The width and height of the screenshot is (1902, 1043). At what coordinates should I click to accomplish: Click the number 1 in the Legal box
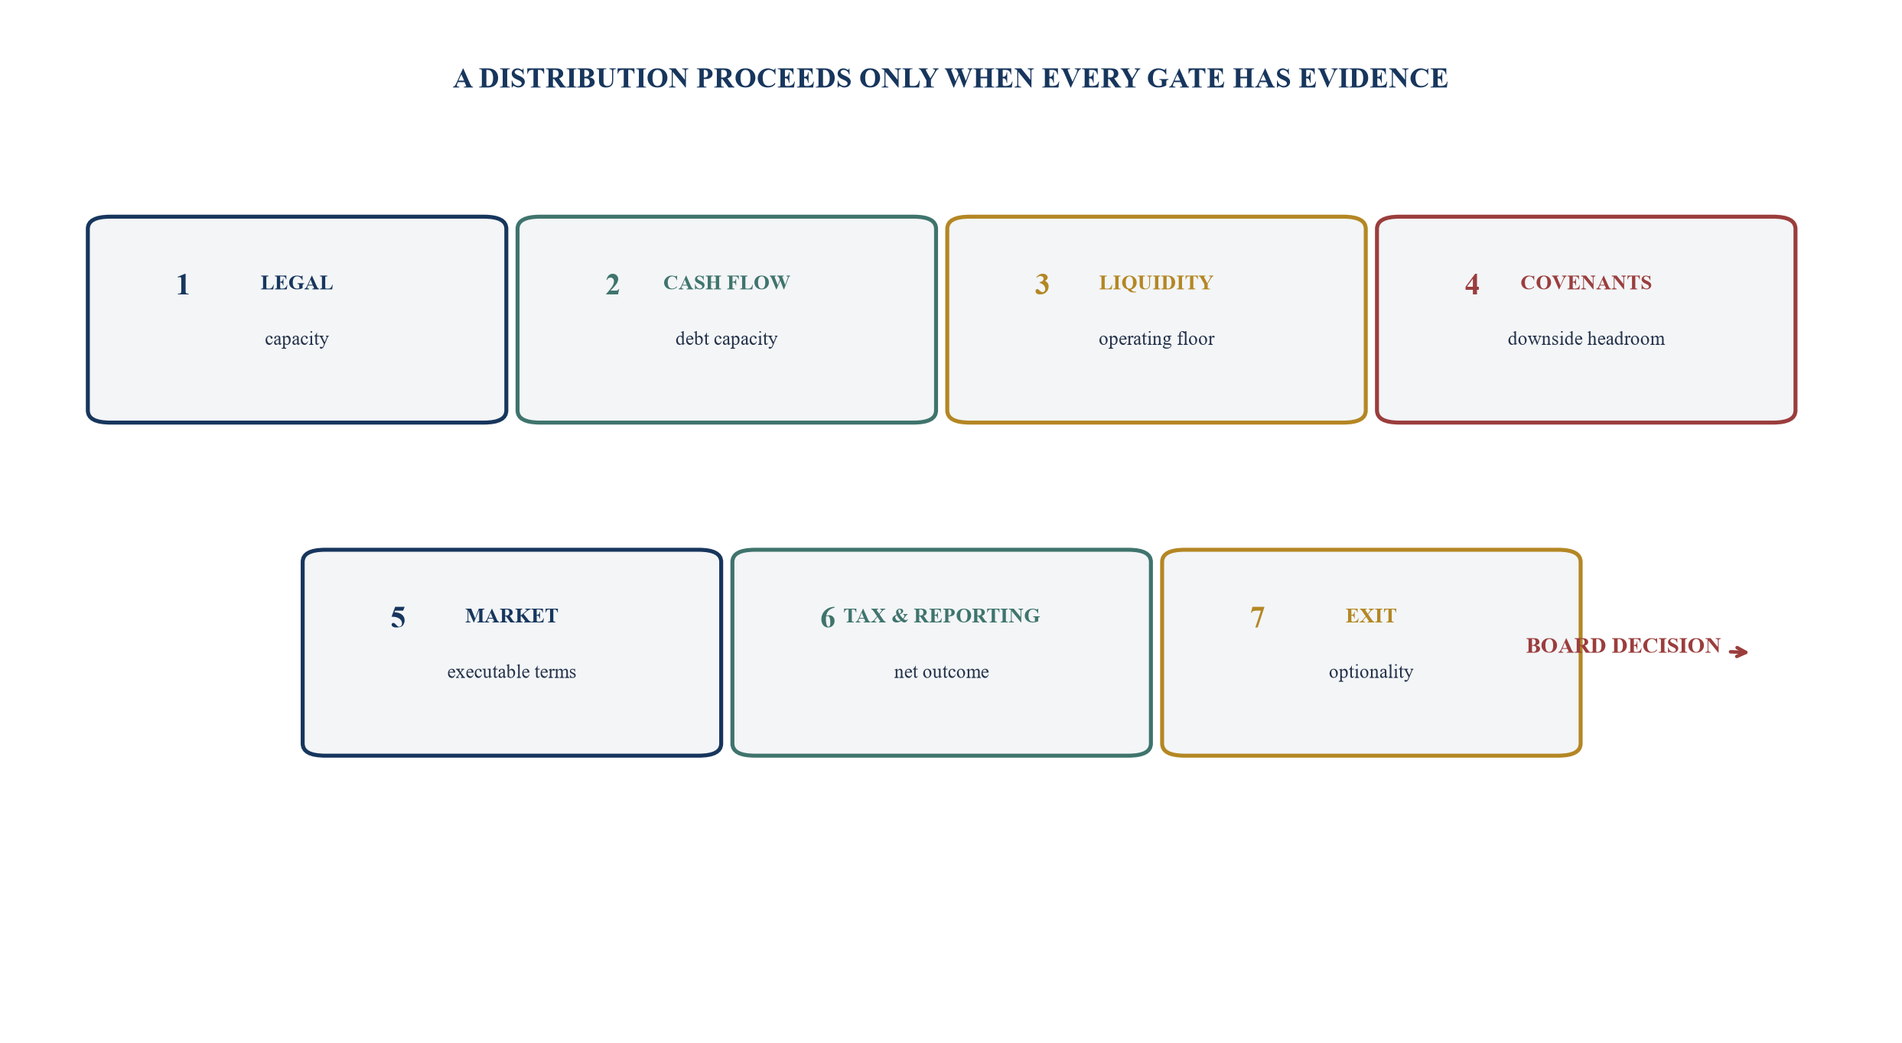(183, 284)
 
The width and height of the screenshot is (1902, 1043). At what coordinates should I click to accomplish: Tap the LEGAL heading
(297, 283)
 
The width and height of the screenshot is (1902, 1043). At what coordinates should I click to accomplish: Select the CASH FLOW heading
(726, 283)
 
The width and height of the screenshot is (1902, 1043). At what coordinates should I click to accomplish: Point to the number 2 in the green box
(612, 284)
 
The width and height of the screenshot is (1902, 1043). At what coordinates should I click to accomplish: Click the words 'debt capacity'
(726, 339)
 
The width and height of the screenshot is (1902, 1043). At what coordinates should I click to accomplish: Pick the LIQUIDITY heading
(1156, 283)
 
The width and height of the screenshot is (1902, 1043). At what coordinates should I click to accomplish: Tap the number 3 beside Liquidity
(1042, 284)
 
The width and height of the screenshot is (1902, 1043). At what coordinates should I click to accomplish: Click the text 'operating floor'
(1156, 339)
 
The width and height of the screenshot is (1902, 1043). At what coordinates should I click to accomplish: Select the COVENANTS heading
(1586, 283)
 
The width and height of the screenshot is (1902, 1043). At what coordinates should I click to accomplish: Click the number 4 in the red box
(1472, 284)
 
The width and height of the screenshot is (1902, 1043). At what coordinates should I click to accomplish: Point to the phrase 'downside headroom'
(1586, 339)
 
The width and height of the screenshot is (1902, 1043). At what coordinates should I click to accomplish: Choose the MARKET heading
(512, 616)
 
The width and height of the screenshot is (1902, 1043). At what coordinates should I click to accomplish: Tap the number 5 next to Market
(398, 618)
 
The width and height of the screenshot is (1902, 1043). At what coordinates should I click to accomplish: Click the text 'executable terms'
(512, 672)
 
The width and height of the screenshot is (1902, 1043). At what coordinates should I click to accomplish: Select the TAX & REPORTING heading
(942, 616)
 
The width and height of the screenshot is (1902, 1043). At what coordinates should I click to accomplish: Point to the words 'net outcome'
(942, 672)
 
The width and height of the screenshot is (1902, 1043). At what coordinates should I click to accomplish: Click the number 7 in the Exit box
(1257, 618)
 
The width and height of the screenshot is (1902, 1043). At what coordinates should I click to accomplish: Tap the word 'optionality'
(1371, 672)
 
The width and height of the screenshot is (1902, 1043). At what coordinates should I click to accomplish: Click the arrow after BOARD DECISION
(1738, 652)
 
